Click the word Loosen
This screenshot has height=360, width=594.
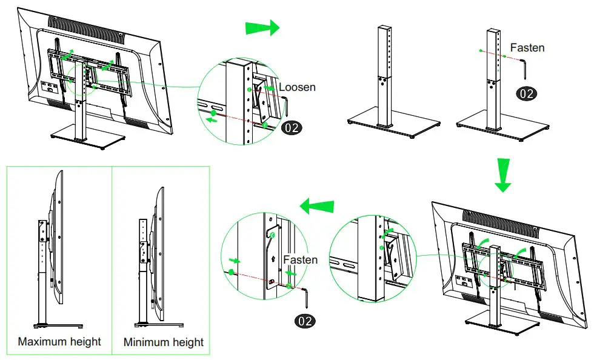coord(297,87)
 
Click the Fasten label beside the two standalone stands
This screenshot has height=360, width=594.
coord(527,47)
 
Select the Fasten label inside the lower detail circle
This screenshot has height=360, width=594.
coord(300,259)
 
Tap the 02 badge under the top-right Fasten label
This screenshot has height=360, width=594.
coord(525,93)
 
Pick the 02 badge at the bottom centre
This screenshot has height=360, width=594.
coord(304,321)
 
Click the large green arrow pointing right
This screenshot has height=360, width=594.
coord(262,27)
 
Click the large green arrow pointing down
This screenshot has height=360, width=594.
coord(502,175)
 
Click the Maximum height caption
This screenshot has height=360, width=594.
coord(59,341)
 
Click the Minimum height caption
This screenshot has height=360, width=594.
coord(164,342)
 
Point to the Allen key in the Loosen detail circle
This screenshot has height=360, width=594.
coord(289,107)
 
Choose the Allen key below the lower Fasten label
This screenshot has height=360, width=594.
coord(307,298)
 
